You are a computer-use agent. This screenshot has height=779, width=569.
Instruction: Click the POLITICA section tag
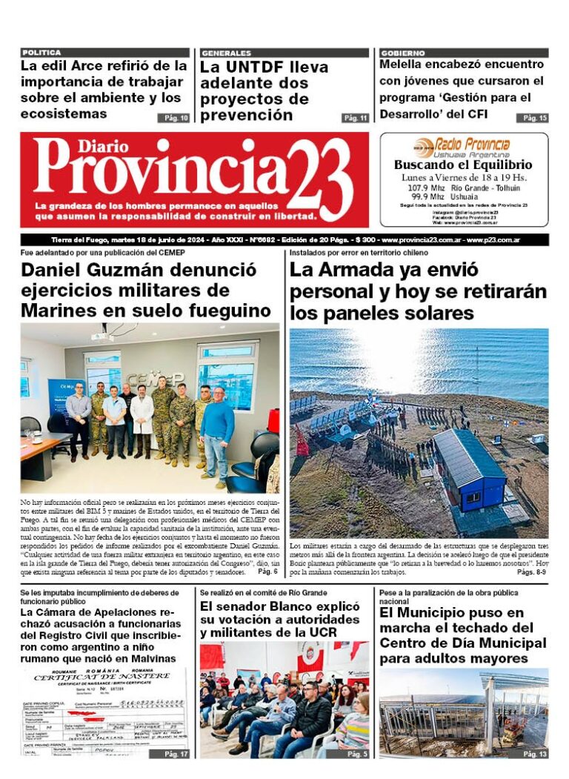click(42, 53)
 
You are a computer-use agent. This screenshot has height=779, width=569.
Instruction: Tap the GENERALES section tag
click(226, 53)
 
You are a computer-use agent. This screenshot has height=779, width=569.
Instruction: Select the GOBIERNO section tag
click(403, 53)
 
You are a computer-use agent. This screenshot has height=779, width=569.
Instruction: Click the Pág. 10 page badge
click(173, 118)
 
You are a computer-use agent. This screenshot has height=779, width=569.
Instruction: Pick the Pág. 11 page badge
click(355, 118)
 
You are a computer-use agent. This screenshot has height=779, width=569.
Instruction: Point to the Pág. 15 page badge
click(535, 118)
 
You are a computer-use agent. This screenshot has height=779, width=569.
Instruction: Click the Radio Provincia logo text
click(472, 145)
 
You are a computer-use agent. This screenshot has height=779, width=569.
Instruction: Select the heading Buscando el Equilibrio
click(463, 165)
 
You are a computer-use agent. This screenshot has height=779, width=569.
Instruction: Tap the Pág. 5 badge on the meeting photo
click(357, 753)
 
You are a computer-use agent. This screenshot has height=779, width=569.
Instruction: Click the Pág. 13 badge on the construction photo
click(535, 753)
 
